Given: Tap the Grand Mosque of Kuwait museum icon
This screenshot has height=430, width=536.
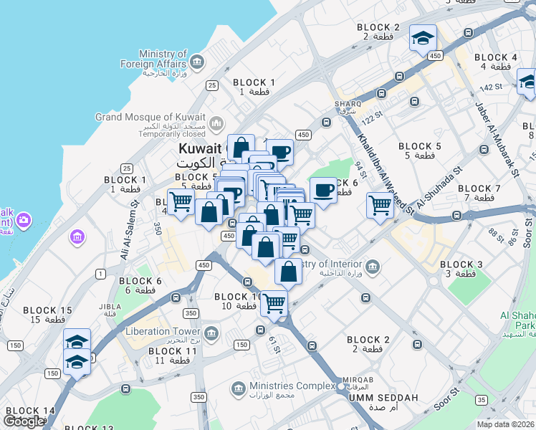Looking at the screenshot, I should [217, 122].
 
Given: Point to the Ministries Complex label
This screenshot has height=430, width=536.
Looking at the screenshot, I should [292, 386].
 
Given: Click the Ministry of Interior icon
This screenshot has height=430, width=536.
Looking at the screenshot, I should [372, 267].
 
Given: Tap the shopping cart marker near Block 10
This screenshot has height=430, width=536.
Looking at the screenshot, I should [274, 303].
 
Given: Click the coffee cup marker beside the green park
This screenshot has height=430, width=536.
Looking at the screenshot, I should [323, 191].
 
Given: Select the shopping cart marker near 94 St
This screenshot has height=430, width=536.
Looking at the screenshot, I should [379, 206].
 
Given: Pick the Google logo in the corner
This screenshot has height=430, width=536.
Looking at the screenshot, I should [24, 421].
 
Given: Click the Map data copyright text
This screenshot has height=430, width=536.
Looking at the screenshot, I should [504, 424].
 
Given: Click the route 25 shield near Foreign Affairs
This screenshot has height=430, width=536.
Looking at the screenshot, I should [211, 85].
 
